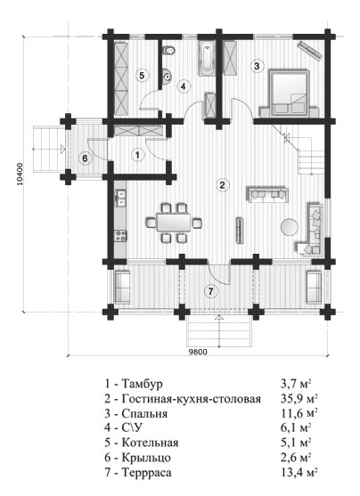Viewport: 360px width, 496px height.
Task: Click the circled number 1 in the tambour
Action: (137, 155)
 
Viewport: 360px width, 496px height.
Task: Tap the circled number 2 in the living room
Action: (222, 184)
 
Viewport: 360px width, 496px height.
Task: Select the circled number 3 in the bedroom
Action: (257, 66)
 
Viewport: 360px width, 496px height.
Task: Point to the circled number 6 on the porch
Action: (85, 158)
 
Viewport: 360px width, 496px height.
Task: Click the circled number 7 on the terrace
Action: (211, 291)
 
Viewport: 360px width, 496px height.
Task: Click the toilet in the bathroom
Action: (168, 50)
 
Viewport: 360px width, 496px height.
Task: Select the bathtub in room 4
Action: (208, 59)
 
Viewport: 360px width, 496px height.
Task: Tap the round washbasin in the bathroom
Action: (167, 77)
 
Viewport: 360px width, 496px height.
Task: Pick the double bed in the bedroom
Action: (289, 94)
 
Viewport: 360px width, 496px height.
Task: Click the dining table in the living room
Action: (173, 223)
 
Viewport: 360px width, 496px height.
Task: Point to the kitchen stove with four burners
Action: (120, 236)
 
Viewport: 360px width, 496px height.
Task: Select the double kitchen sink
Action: (120, 198)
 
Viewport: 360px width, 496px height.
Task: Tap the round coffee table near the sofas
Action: (289, 227)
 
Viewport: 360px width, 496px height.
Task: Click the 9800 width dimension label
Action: (198, 352)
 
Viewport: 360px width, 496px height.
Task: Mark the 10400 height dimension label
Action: (20, 174)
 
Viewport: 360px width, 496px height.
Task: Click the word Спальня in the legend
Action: (144, 414)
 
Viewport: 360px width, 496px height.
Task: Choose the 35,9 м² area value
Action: (299, 399)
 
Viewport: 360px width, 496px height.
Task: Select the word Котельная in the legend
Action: (150, 443)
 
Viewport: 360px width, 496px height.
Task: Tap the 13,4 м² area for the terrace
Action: (299, 473)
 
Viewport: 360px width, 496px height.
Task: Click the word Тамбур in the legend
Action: (143, 384)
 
